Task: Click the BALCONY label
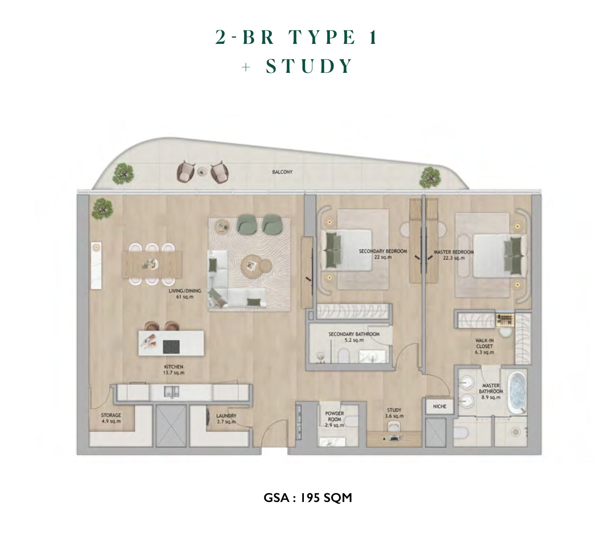[x=282, y=172]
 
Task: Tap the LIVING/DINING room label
[x=185, y=294]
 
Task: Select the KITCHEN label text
[x=174, y=370]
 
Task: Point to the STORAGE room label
[x=111, y=418]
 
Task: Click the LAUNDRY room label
[x=226, y=418]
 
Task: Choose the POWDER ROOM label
[x=335, y=419]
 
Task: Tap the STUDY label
[x=394, y=413]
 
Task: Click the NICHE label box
[x=440, y=407]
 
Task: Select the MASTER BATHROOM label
[x=491, y=391]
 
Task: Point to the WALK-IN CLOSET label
[x=485, y=346]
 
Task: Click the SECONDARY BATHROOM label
[x=354, y=337]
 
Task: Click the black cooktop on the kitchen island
[x=171, y=347]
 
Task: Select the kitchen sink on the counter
[x=171, y=392]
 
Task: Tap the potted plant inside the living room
[x=102, y=209]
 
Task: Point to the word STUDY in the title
[x=309, y=66]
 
